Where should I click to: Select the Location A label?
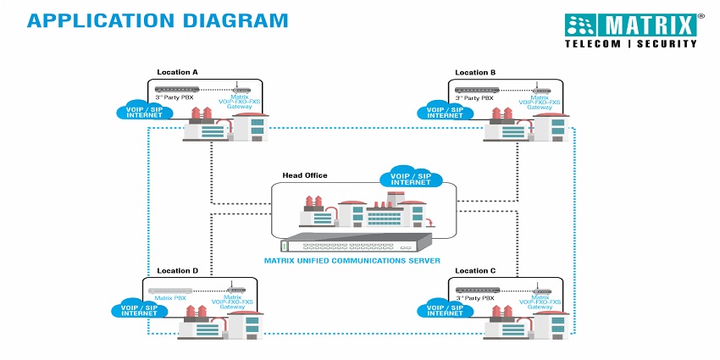tap(177, 73)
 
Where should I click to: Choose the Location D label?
tap(177, 271)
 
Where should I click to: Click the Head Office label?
tap(304, 175)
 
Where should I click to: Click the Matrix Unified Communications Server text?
tap(359, 262)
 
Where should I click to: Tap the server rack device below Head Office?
tap(359, 244)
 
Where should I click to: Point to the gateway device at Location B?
tap(540, 88)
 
